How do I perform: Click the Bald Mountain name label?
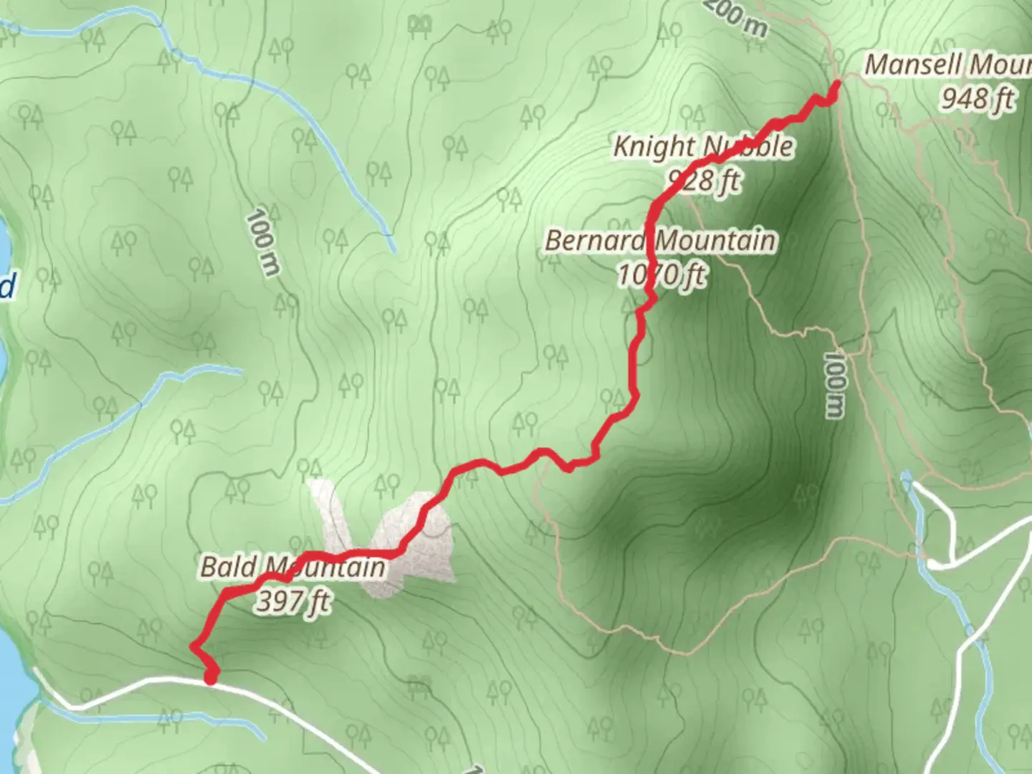click(x=292, y=568)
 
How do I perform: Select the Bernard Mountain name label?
click(x=660, y=241)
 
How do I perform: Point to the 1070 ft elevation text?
click(x=661, y=274)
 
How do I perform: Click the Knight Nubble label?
click(x=703, y=147)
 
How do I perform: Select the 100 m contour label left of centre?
click(x=263, y=242)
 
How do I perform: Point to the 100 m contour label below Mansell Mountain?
click(x=833, y=384)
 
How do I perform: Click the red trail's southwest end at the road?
click(x=211, y=678)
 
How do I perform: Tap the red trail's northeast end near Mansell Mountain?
click(x=836, y=85)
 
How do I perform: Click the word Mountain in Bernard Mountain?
click(x=716, y=241)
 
